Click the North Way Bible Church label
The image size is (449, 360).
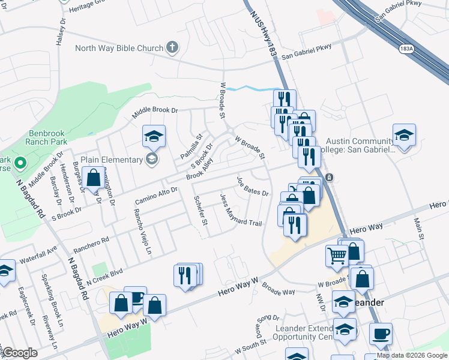[119, 49]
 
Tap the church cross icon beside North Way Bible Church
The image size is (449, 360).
[172, 48]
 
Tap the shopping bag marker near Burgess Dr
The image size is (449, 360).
[93, 178]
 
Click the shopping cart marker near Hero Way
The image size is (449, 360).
[337, 256]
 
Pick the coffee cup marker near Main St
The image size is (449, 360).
[381, 334]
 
